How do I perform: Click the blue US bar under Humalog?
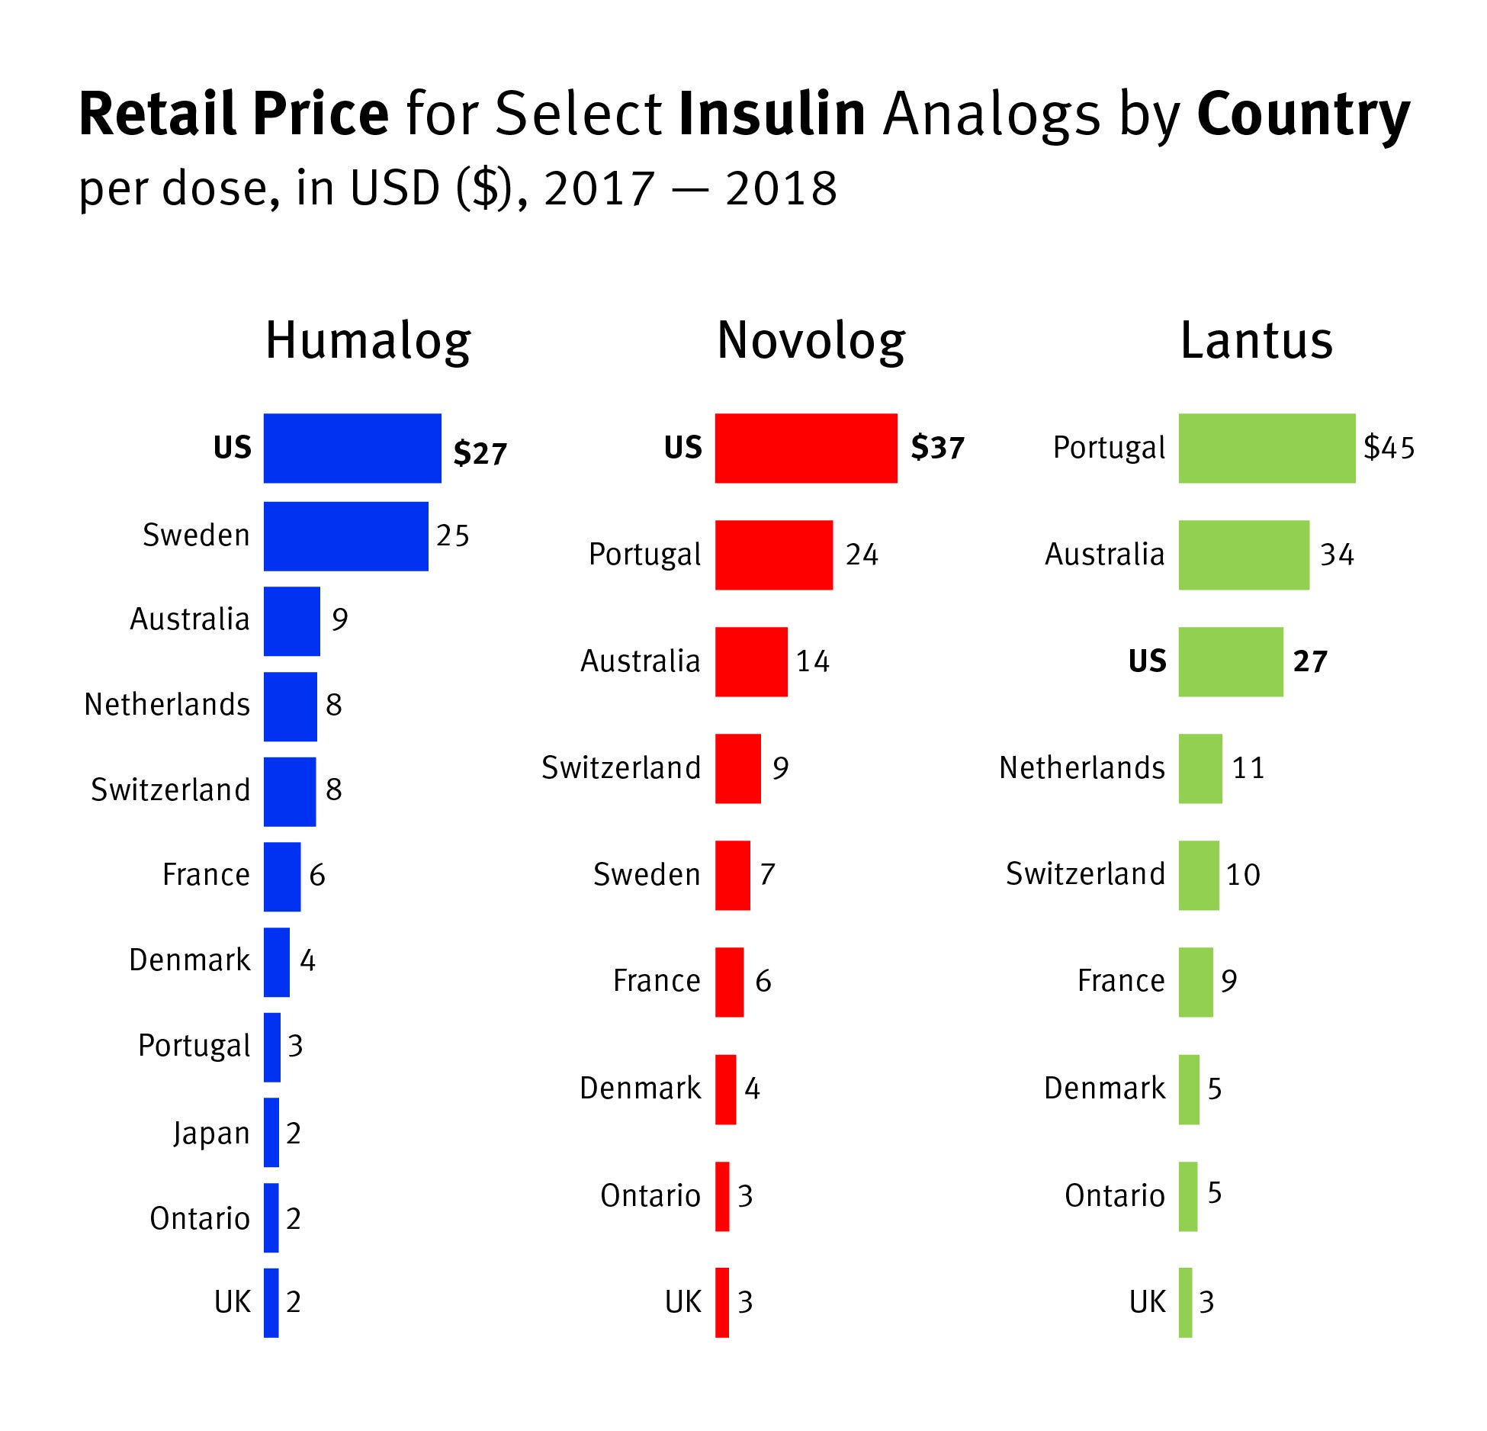[352, 448]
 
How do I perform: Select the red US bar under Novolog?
[805, 448]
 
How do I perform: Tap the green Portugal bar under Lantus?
[1267, 448]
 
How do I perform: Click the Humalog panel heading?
[368, 341]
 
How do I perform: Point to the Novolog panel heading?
[811, 341]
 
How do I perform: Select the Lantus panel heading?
[1256, 341]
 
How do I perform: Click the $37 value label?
[937, 448]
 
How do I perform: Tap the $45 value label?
[1389, 448]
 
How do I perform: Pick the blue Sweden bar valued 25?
[345, 535]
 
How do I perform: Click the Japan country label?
[211, 1133]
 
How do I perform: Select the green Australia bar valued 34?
[1244, 555]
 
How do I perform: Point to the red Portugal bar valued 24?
[773, 555]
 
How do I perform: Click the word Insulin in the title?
[772, 114]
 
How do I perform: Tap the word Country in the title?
[1303, 114]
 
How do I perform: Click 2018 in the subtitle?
[781, 188]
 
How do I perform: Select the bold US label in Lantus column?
[1147, 661]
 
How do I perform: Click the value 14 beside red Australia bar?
[812, 661]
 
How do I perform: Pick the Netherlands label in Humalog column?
[167, 705]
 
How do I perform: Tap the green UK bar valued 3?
[1185, 1302]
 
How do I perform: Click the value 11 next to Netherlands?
[1248, 767]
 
